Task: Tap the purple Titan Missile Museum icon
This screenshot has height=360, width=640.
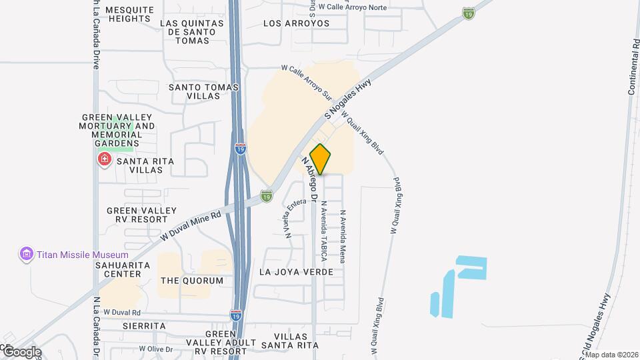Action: tap(26, 254)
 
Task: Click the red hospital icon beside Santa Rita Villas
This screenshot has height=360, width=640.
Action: tap(104, 160)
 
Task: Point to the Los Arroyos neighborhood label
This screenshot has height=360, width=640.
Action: tap(297, 23)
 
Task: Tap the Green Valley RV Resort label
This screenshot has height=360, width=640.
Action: tap(137, 215)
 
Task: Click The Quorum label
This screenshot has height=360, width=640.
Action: tap(192, 281)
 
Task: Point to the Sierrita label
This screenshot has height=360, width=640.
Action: tap(143, 325)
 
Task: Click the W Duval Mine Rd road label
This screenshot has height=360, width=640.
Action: tap(190, 227)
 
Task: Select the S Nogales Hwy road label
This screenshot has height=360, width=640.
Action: tap(347, 99)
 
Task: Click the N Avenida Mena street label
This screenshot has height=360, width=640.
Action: tap(342, 235)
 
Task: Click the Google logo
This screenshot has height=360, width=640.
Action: tap(21, 351)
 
